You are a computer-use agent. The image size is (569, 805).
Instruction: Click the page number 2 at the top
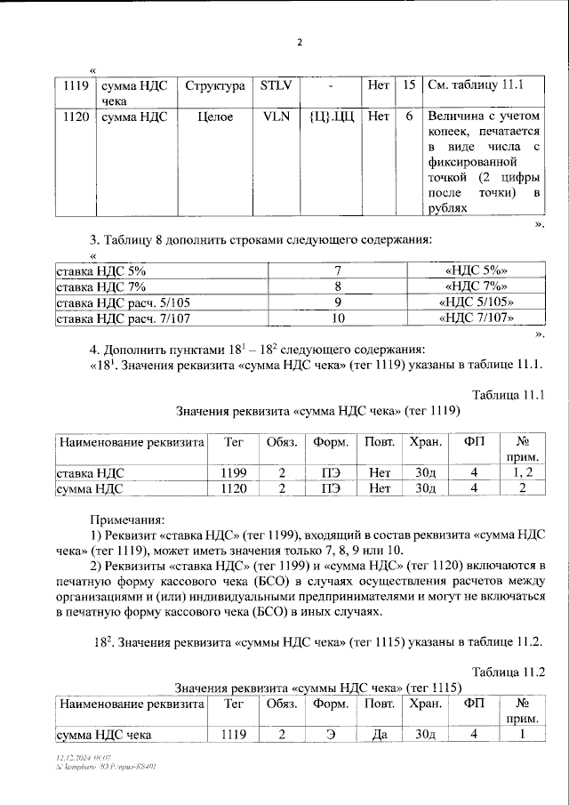tap(300, 42)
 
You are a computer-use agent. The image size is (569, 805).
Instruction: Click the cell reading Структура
tap(215, 86)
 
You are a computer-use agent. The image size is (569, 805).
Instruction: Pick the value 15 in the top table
tap(408, 86)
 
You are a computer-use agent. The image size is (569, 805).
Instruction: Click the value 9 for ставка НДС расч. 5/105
tap(338, 302)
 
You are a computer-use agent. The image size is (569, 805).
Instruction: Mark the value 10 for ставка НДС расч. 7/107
tap(338, 318)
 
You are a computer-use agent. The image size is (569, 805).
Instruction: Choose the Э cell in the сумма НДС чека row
tap(325, 734)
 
